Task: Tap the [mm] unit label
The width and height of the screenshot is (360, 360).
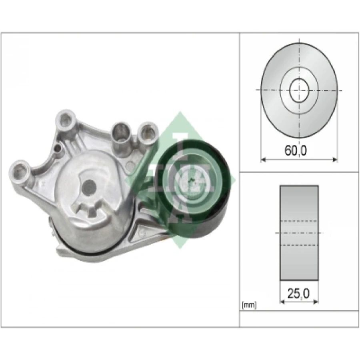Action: (249, 306)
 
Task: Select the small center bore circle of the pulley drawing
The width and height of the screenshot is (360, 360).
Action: (298, 90)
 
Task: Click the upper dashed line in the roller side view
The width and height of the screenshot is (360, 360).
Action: (299, 220)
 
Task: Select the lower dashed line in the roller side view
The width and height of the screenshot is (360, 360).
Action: (299, 244)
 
